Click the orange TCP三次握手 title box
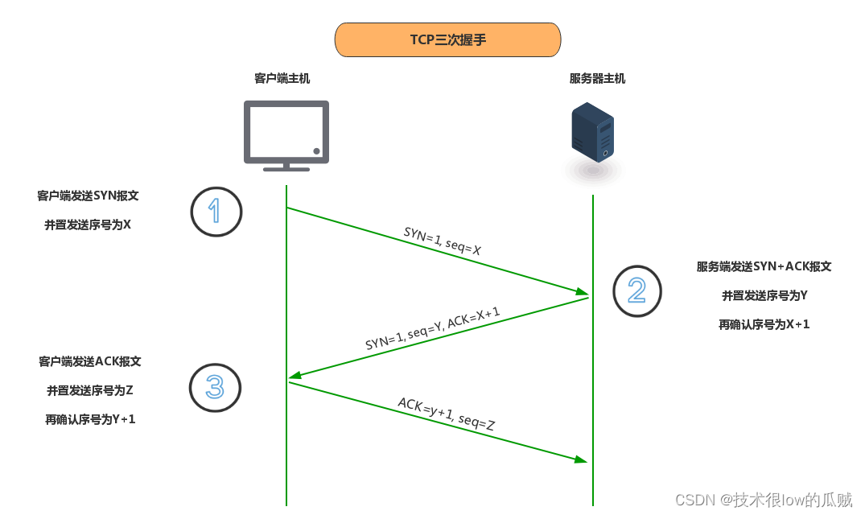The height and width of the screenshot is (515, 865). [x=447, y=39]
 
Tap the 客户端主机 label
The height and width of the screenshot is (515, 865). [x=282, y=79]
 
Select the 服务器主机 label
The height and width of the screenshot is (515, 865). [x=596, y=79]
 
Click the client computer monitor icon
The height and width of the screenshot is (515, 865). [x=286, y=134]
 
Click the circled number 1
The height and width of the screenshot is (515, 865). [x=216, y=212]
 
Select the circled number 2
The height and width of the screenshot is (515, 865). [x=636, y=290]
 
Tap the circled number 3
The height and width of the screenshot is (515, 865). [x=215, y=388]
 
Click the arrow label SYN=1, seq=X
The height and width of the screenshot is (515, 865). [x=443, y=241]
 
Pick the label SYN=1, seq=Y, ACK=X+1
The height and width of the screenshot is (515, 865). [x=433, y=328]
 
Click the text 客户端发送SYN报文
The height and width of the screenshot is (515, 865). [x=93, y=196]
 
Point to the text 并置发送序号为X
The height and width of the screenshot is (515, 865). [x=88, y=225]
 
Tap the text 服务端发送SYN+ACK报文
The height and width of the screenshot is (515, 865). [x=764, y=266]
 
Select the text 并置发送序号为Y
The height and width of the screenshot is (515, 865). [x=764, y=296]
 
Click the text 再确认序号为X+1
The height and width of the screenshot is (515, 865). [x=764, y=325]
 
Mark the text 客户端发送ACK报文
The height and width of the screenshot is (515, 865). [x=90, y=361]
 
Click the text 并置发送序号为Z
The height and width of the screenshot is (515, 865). [x=90, y=390]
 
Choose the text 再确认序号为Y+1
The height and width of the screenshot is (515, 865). [x=90, y=419]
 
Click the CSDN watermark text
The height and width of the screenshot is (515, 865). [x=763, y=500]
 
